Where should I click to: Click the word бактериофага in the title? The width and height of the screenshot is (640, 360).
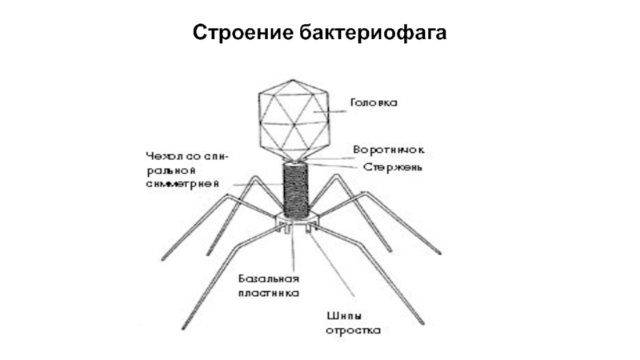coord(372,34)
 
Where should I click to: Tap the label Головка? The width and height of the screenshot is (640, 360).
coord(374,103)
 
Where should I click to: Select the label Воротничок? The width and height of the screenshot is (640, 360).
coord(389,150)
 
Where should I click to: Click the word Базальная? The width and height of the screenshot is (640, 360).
coord(269,278)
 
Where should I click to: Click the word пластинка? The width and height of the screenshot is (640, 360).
coord(269,293)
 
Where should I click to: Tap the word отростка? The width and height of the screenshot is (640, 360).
coord(354,329)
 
